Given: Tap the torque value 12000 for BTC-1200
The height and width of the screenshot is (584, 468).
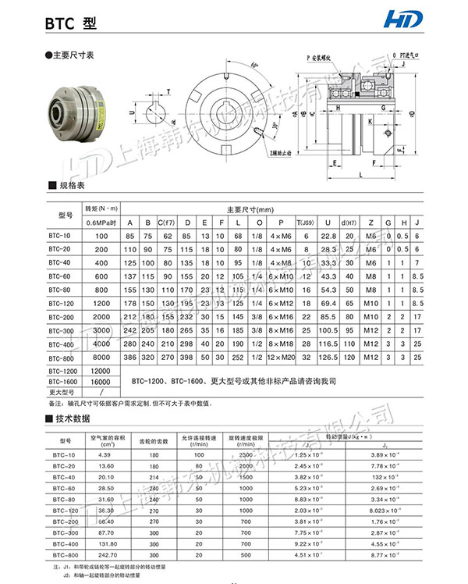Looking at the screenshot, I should [x=101, y=369].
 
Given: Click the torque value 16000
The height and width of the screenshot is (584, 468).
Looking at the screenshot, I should [x=101, y=381].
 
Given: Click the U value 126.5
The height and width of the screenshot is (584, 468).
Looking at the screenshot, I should [x=328, y=357].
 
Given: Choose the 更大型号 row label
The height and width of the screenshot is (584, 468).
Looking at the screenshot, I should [x=60, y=392].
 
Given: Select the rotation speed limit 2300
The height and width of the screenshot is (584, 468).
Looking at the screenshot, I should [x=248, y=454].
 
